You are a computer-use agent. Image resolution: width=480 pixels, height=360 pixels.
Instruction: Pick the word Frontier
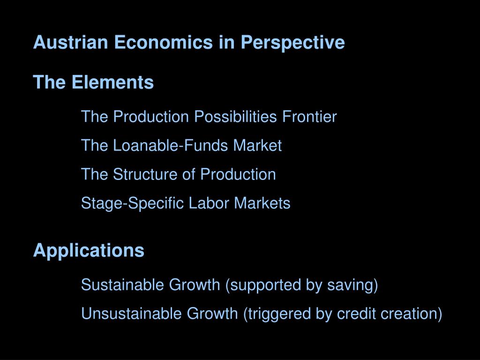[309, 117]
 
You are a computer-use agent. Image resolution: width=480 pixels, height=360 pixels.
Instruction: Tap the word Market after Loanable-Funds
[258, 146]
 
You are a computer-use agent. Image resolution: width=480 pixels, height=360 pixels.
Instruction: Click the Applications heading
[89, 250]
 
